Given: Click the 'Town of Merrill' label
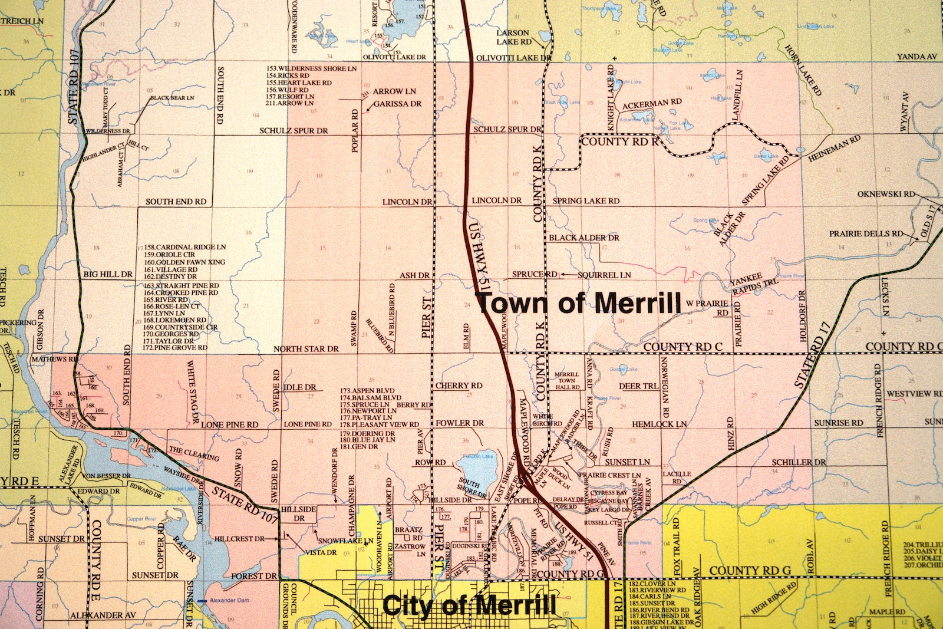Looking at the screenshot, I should pos(578,304).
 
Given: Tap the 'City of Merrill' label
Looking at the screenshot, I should pos(469,605).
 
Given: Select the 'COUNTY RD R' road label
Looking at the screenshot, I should pos(619,141).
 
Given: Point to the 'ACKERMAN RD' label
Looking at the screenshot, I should pos(652,103).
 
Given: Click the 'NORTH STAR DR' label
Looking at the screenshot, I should pos(306,349).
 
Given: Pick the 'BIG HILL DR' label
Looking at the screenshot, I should pos(108,274).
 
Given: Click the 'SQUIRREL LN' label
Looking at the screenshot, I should pos(604,275).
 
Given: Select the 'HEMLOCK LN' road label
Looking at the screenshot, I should pos(660,424).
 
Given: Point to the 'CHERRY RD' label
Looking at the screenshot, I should pos(459,386).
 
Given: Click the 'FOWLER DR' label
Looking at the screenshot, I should pos(460,423).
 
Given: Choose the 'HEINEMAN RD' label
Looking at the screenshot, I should pos(834,149).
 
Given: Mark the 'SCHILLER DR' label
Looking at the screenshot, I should pos(799,463).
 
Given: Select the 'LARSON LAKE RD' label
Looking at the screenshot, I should pos(513,37).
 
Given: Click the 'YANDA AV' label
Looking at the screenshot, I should pos(916,57).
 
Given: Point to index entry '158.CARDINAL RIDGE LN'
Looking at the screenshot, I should pos(185,247).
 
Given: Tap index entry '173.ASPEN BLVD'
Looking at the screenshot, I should pos(367,391).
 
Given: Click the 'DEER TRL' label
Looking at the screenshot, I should pos(638,387).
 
